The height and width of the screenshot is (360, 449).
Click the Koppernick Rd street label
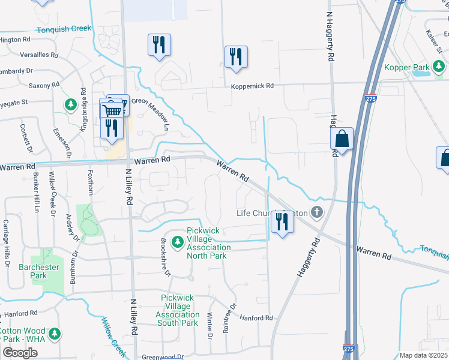pyautogui.click(x=253, y=86)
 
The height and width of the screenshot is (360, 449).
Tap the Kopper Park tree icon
pyautogui.click(x=441, y=65)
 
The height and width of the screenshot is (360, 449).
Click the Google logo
pyautogui.click(x=20, y=353)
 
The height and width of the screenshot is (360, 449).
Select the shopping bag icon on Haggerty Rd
pyautogui.click(x=342, y=139)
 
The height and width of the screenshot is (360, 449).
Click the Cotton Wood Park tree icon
pyautogui.click(x=55, y=332)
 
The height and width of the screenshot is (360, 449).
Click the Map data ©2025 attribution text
pyautogui.click(x=423, y=355)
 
